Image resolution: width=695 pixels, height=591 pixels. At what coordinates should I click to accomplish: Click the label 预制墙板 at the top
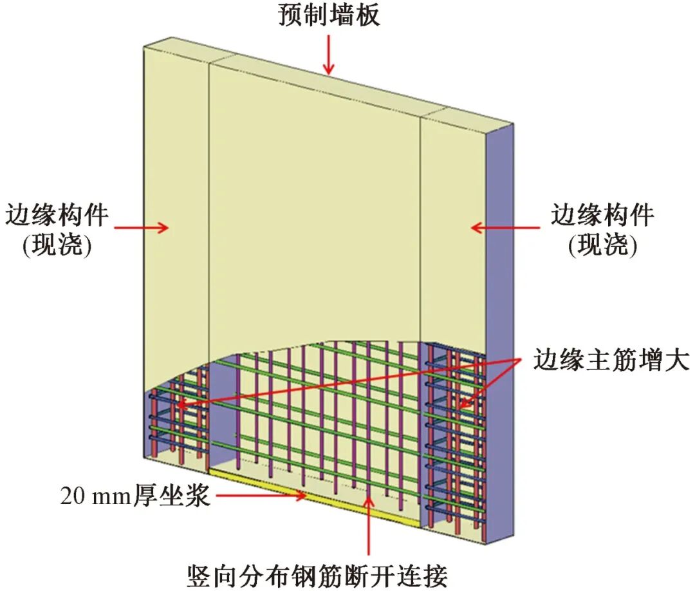329,15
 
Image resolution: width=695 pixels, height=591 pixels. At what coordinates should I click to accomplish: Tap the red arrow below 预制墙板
329,55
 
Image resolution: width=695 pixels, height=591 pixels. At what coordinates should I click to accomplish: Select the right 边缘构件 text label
602,214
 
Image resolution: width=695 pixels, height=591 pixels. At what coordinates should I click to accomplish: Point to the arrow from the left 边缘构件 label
142,227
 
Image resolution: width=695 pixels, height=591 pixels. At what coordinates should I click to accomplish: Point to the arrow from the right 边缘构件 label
505,227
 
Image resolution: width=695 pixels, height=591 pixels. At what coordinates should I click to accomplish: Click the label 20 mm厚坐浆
135,496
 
